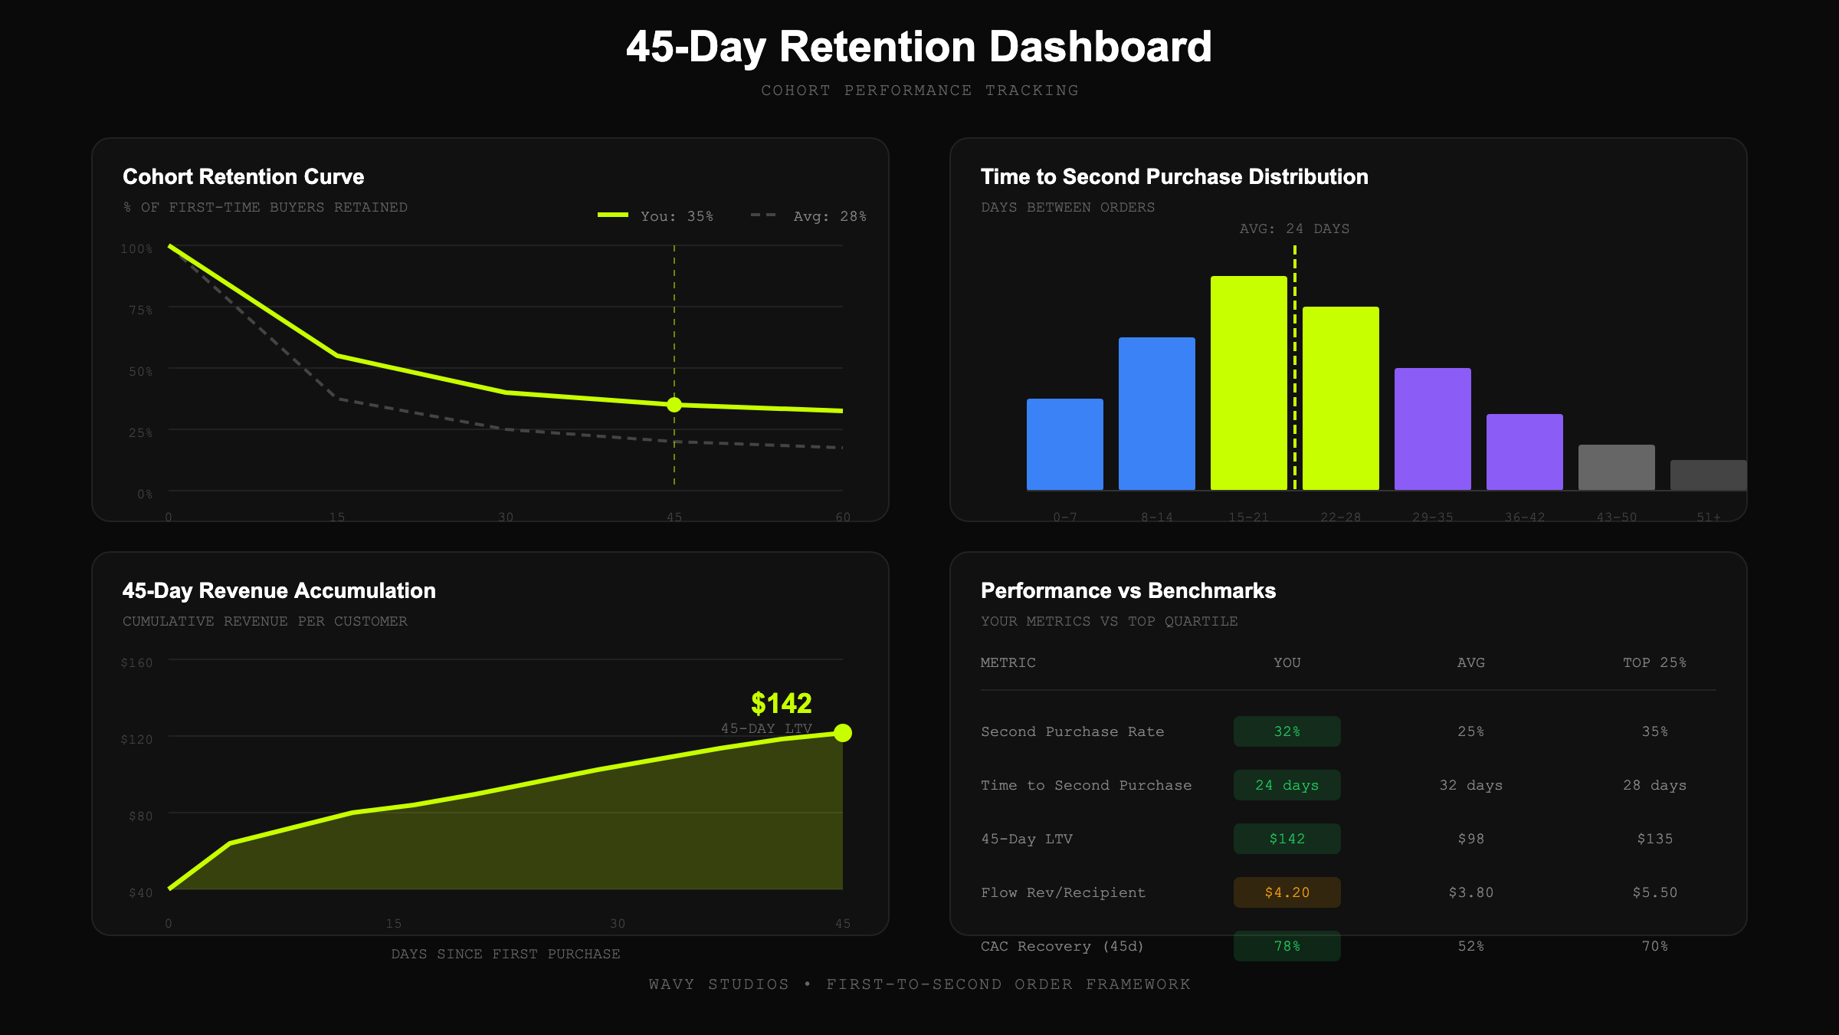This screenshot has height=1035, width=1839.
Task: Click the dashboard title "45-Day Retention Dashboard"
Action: tap(919, 47)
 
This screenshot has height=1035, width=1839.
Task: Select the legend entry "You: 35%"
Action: tap(656, 216)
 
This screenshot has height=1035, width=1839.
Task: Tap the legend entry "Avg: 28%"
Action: tap(809, 216)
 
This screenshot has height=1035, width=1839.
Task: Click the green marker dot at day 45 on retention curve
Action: tap(674, 405)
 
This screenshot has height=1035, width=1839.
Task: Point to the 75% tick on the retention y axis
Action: tap(140, 310)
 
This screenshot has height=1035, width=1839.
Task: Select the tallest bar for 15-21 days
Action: tap(1248, 383)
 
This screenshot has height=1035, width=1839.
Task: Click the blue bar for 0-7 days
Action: tap(1064, 445)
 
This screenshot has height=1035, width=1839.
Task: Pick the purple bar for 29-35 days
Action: tap(1432, 429)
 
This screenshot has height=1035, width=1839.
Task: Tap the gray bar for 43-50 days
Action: tap(1616, 468)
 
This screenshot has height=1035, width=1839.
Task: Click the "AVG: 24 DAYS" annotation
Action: tap(1294, 228)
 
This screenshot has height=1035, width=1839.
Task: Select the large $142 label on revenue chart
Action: tap(781, 703)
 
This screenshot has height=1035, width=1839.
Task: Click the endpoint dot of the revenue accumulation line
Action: tap(843, 733)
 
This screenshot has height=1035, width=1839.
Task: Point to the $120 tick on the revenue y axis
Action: tap(137, 739)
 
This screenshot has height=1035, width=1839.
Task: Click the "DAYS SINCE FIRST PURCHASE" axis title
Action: tap(506, 954)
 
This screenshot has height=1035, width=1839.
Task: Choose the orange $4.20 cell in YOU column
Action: tap(1287, 892)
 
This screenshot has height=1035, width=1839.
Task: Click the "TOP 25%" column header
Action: tap(1654, 662)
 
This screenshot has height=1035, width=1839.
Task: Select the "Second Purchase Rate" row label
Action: tap(1072, 731)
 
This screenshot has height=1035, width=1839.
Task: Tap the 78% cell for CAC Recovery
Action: tap(1287, 946)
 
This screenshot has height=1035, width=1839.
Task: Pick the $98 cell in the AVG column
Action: tap(1470, 839)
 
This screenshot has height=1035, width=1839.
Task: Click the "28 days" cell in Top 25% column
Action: tap(1654, 785)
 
